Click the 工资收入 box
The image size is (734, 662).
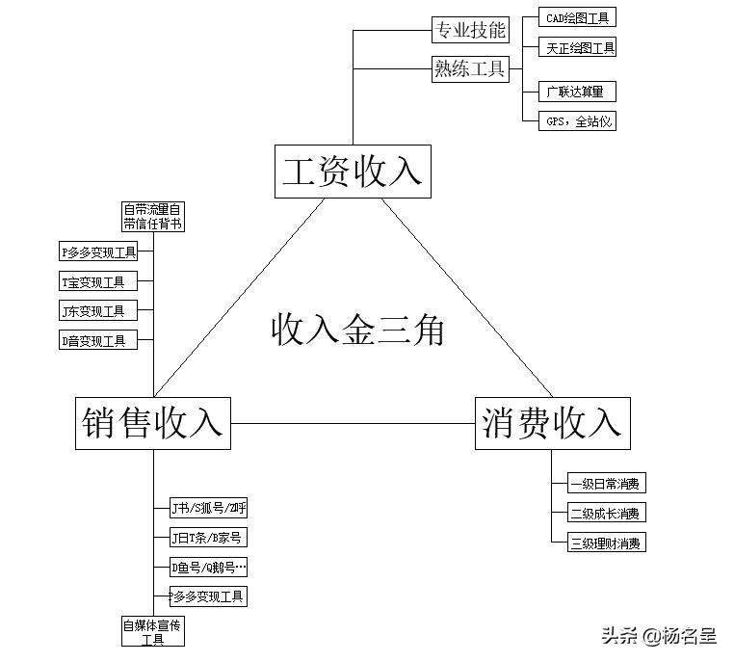point(352,172)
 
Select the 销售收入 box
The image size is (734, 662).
point(152,422)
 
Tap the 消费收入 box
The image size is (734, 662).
point(552,422)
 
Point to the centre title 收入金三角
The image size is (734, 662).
point(357,330)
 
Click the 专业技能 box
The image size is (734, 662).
point(470,30)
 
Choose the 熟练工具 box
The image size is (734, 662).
point(470,68)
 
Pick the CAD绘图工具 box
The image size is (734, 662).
point(577,17)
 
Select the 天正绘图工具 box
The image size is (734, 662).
point(580,47)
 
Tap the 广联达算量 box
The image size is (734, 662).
point(575,92)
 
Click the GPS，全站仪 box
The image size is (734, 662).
point(579,121)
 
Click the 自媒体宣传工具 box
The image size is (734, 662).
point(152,631)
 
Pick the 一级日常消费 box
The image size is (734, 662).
point(606,484)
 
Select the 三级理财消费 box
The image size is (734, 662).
point(606,543)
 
